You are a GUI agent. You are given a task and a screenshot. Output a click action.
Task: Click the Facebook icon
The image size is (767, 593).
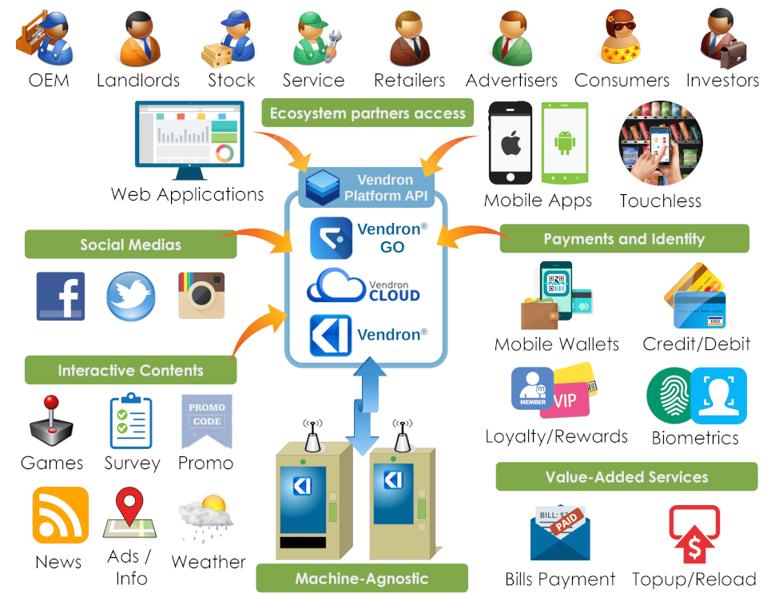61,296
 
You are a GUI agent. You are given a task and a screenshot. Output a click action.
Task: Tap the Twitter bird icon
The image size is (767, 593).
130,296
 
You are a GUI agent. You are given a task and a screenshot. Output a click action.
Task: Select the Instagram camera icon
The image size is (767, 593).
201,296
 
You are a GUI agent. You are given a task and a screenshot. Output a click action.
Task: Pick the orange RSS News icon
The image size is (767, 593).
61,515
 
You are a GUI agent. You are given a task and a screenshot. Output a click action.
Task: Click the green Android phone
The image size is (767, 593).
565,142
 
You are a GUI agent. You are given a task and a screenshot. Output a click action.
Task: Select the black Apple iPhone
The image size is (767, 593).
511,143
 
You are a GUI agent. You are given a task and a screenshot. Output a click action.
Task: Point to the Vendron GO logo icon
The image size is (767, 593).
331,238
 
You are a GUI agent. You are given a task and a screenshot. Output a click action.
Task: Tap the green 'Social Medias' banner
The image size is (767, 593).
130,244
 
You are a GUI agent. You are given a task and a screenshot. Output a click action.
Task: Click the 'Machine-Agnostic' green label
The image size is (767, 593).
362,579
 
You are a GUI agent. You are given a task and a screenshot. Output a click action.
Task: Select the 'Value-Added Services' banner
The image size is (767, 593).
626,476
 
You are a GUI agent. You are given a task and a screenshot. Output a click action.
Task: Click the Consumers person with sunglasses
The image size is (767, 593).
620,38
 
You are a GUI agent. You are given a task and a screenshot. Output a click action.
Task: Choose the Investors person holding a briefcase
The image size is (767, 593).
723,38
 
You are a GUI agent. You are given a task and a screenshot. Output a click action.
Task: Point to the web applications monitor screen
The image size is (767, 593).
190,135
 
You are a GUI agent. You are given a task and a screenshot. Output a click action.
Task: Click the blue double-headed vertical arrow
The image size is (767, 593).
364,406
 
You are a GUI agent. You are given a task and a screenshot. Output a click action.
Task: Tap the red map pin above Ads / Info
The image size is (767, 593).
129,505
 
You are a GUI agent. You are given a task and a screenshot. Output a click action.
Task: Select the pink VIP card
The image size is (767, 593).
566,400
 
